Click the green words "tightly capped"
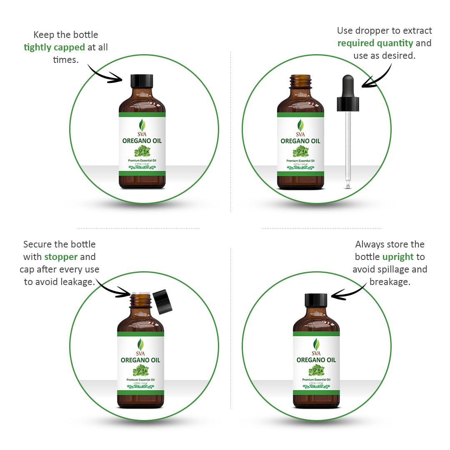(54, 47)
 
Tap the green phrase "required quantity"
(375, 43)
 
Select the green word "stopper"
(61, 257)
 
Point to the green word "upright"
(397, 257)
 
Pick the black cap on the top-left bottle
(142, 81)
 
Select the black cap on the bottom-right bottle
(316, 300)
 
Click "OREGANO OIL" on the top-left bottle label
(142, 141)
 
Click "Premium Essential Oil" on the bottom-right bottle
(316, 380)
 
